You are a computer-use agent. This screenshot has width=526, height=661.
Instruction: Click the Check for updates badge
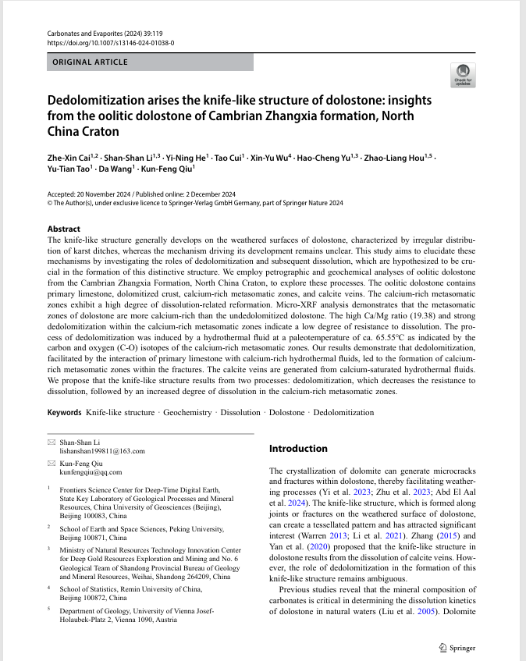point(464,75)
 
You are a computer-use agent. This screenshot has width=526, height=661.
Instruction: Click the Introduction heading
point(298,449)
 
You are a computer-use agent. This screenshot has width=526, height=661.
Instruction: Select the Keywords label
point(64,412)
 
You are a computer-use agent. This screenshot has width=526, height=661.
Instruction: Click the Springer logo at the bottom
point(457,647)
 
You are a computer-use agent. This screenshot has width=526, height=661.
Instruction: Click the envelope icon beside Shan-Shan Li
point(52,442)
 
